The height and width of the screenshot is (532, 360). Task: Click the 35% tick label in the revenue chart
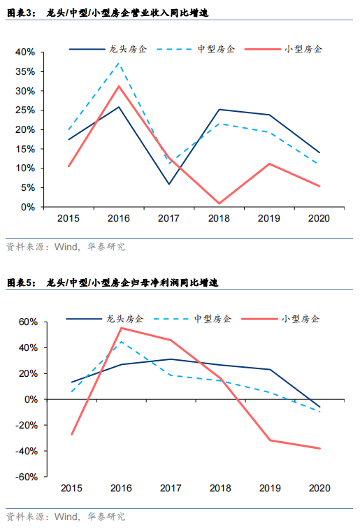(x=25, y=71)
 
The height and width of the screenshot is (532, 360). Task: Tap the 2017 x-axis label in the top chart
(x=168, y=218)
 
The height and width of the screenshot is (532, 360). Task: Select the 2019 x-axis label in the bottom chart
(x=270, y=488)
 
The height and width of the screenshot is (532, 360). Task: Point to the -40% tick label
(x=27, y=451)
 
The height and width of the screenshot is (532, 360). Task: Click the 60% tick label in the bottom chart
(x=28, y=322)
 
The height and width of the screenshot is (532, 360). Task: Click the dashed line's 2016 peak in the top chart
(x=119, y=63)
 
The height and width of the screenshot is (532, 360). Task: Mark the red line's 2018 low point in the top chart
(x=219, y=203)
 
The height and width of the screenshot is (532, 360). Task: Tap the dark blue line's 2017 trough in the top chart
(x=169, y=184)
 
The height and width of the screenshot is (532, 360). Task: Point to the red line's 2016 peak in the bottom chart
(x=122, y=328)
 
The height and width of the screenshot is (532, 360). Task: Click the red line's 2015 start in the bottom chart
(x=72, y=434)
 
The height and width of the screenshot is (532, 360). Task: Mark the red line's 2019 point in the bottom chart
(x=271, y=440)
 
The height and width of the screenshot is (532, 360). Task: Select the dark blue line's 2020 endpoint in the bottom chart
(x=319, y=407)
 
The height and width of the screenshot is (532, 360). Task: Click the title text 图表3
(x=21, y=13)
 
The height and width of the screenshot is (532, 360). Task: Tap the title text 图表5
(x=21, y=282)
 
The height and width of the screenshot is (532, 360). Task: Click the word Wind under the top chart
(x=66, y=247)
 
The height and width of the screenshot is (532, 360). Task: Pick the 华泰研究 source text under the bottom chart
(x=106, y=517)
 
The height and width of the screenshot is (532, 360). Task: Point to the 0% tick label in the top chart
(x=28, y=207)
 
